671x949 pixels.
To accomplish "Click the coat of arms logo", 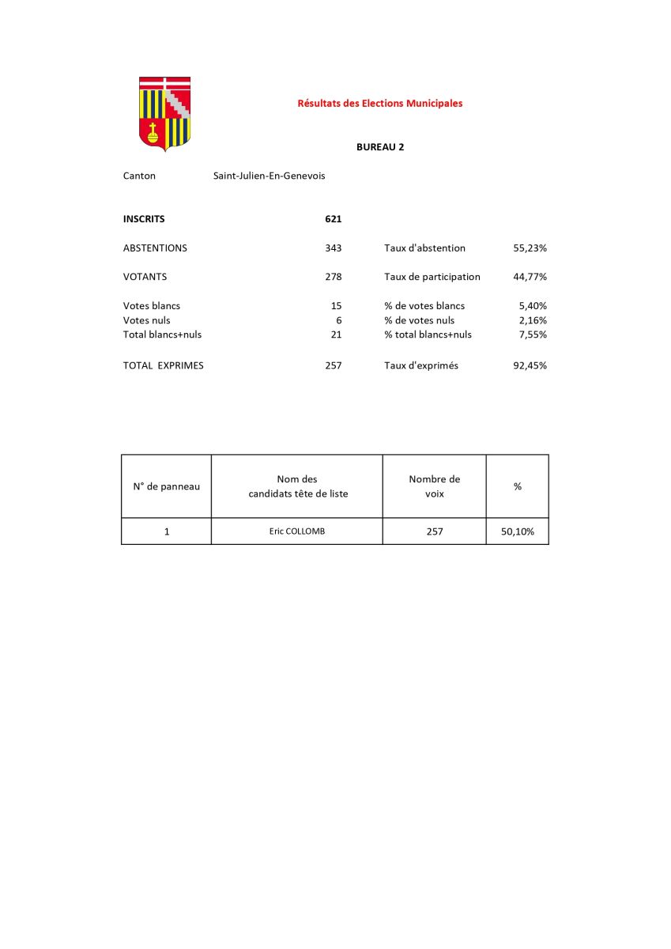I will pos(164,113).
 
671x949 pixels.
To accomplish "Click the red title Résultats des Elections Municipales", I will pos(379,103).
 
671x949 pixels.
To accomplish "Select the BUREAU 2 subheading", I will pos(380,147).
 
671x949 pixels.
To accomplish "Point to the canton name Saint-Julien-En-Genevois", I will pos(269,176).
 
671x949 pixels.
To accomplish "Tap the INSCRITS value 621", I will pos(333,219).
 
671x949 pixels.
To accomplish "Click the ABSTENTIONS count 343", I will pos(333,248).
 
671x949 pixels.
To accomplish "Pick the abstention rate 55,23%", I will pos(530,248).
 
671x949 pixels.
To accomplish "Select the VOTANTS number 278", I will pos(333,277).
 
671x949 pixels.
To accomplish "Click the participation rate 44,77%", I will pos(530,277).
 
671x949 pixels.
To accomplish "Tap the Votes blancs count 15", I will pos(336,305).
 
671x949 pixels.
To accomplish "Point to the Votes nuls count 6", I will pos(338,320).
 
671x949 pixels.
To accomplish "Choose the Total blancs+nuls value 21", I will pos(336,335).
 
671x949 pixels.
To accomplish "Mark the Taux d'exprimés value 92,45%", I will pos(530,365).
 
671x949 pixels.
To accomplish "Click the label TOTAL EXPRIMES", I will pos(163,365).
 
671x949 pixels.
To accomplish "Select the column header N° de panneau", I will pos(166,486).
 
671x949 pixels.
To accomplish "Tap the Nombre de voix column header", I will pos(434,486).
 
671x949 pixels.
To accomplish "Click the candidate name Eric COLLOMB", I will pos(296,531).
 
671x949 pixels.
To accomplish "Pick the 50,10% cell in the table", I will pos(517,531).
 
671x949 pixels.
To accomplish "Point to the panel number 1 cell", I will pos(167,531).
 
